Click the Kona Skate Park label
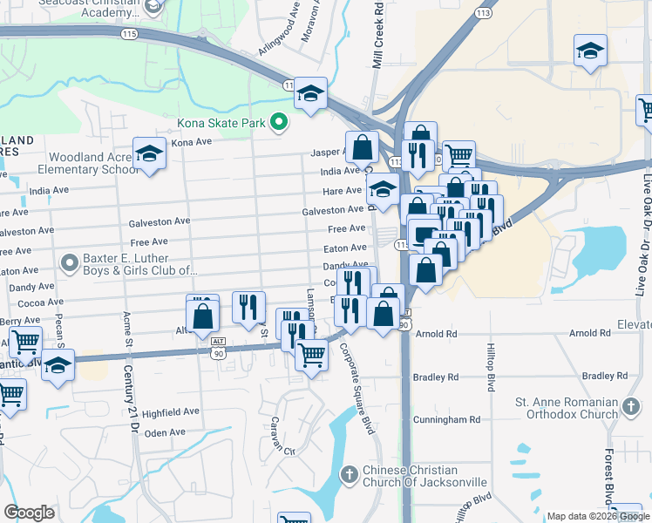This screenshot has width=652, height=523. (221, 123)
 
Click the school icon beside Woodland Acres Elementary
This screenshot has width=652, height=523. (149, 153)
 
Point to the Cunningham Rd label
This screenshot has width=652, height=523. (447, 419)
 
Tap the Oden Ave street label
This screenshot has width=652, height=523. (166, 432)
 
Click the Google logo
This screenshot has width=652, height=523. (30, 513)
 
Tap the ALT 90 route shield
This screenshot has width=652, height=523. (218, 351)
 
